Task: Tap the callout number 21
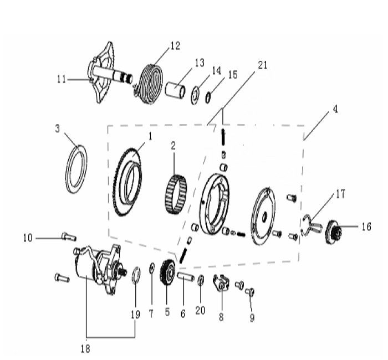pos(262,65)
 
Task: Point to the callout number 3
pos(58,128)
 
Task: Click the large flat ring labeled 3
pos(77,168)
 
